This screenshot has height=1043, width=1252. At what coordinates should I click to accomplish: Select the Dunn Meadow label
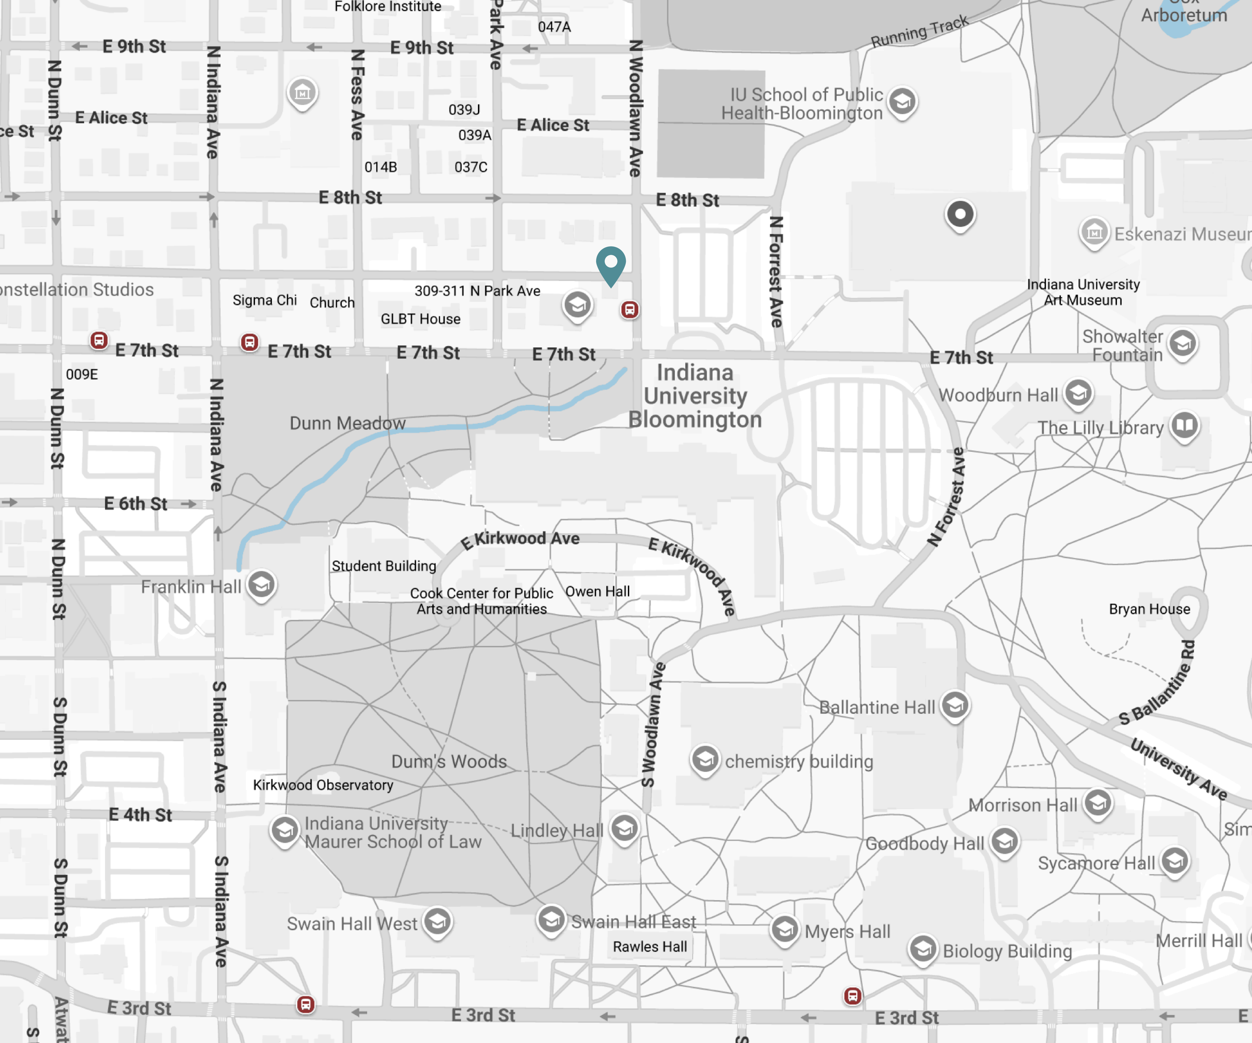click(348, 423)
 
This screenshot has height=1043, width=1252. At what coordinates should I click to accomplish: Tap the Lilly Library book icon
click(1185, 426)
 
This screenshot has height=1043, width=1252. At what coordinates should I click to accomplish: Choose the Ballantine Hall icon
click(955, 706)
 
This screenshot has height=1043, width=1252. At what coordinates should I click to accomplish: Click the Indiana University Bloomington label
click(695, 396)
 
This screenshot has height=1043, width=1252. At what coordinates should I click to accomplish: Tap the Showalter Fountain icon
click(1183, 343)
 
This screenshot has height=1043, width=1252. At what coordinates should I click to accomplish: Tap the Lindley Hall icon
click(624, 828)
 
